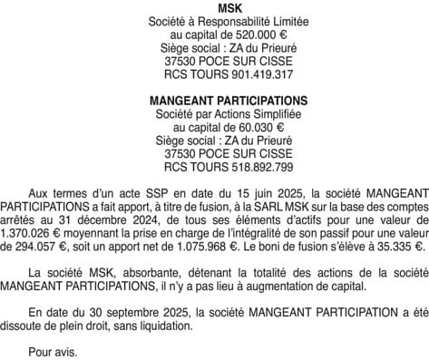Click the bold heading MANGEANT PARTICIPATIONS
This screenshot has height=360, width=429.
point(215,101)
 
